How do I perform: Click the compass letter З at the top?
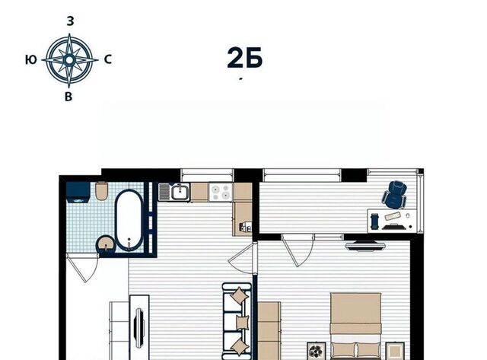point(71,21)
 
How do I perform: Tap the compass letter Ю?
point(30,59)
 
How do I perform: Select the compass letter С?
point(108,59)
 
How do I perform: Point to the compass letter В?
point(68,97)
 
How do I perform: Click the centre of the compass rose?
point(69,59)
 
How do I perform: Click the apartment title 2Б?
point(245,58)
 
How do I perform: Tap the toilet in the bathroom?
point(101,191)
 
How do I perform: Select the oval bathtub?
point(129,220)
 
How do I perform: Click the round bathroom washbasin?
point(107,244)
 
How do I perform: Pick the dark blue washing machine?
point(78,193)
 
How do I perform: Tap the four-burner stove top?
point(221,192)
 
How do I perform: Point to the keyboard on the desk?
point(393,216)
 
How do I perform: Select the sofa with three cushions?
point(237,320)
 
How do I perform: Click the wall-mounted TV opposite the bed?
point(365,246)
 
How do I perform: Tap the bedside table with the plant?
point(317,351)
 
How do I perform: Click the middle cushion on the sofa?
point(242,322)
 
